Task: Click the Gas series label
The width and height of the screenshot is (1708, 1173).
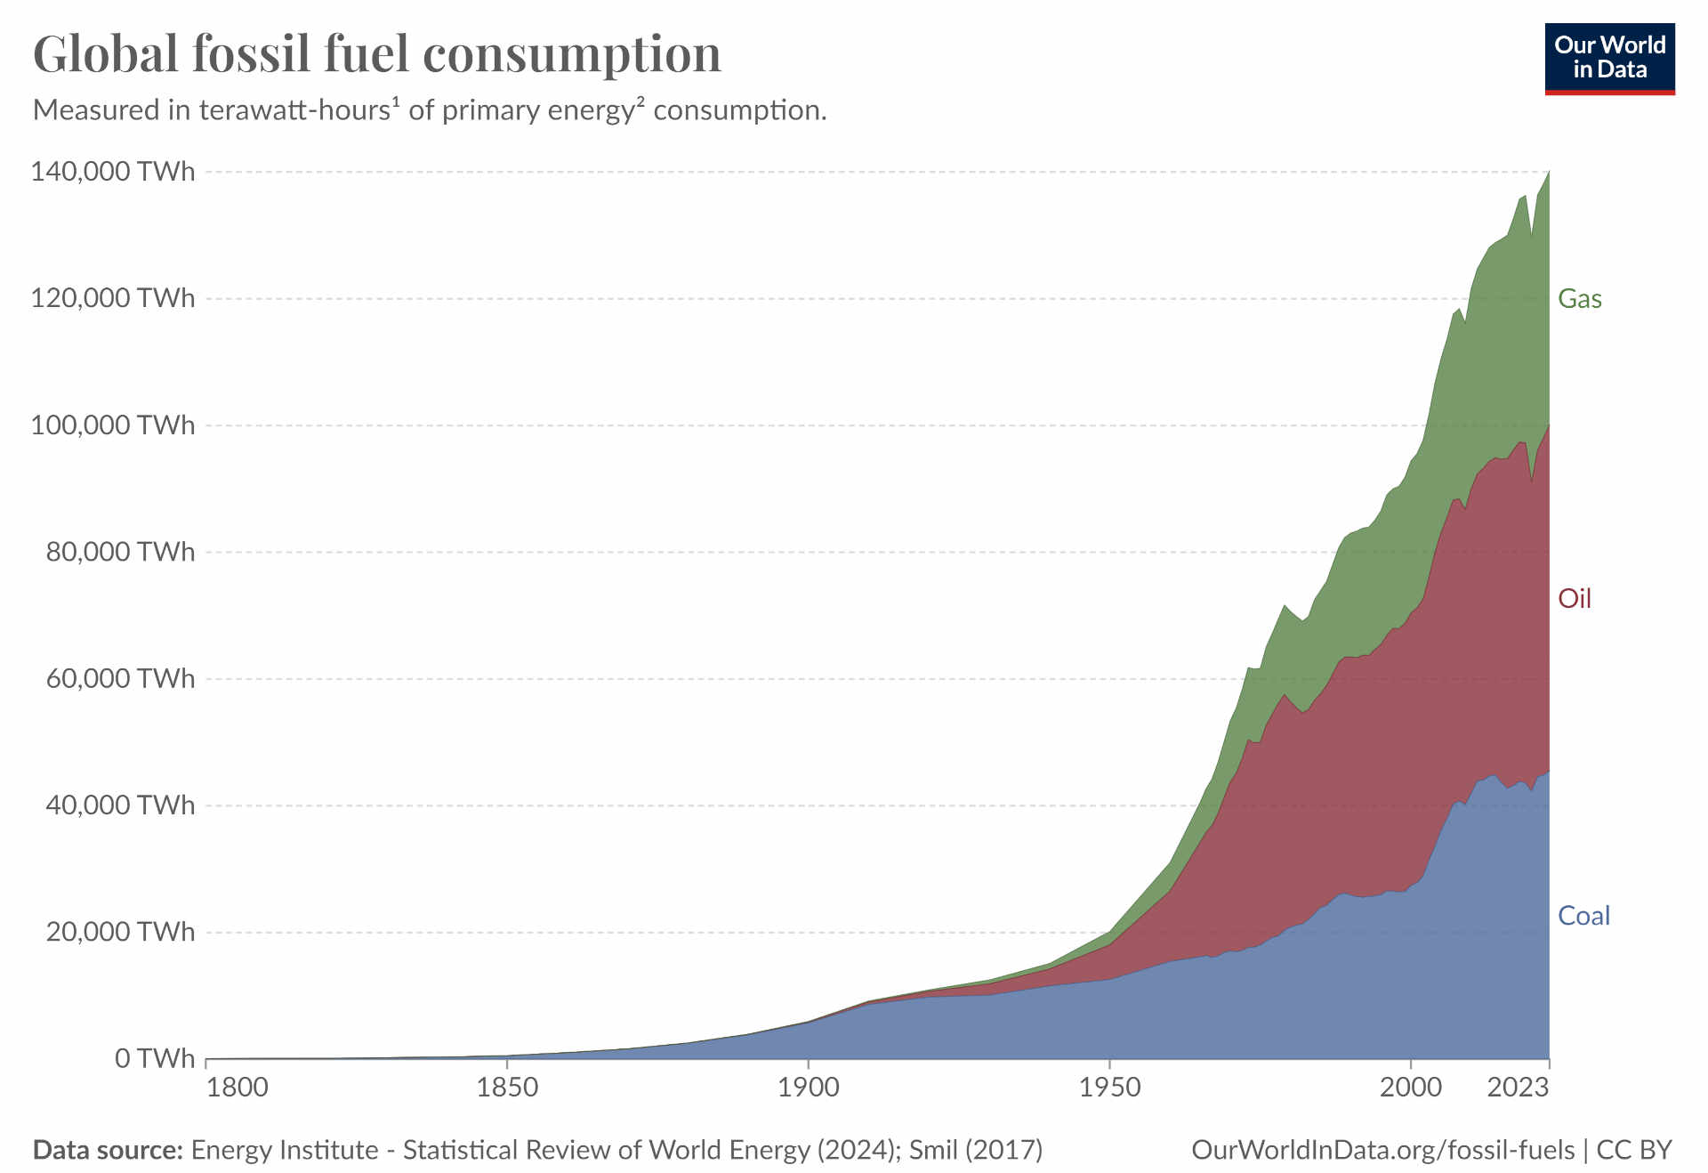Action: point(1579,299)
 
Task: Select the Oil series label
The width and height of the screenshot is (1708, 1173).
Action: point(1574,599)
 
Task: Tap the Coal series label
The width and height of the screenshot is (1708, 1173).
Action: point(1583,916)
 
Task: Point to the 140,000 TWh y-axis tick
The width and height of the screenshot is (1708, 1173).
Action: point(113,171)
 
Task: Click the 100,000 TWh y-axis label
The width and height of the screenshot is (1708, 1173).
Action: point(113,425)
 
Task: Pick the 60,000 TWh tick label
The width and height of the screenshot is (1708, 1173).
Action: point(120,678)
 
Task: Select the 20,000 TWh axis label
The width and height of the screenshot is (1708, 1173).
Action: point(120,932)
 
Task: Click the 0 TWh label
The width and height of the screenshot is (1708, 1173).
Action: point(154,1058)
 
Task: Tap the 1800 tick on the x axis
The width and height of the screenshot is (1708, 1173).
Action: point(237,1088)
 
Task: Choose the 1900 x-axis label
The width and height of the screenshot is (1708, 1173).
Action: point(808,1088)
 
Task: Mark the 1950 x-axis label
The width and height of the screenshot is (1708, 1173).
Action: point(1109,1088)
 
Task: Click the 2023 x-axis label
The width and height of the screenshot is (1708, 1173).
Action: point(1519,1088)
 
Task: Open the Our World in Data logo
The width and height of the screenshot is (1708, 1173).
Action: point(1609,59)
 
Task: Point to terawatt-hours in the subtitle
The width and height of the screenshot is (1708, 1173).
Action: point(294,110)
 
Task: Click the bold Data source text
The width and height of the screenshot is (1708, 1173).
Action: point(108,1150)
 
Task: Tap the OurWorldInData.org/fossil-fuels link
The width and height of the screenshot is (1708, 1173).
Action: point(1382,1150)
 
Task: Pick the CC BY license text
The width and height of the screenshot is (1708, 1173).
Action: point(1634,1150)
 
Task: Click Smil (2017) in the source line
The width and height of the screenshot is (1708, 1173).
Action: point(976,1150)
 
